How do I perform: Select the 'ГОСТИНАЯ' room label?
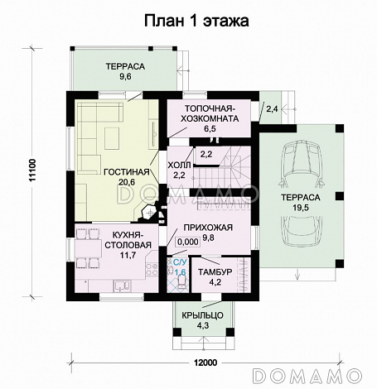pyautogui.click(x=127, y=172)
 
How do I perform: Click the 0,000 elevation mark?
pyautogui.click(x=187, y=243)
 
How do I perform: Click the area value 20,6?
pyautogui.click(x=127, y=183)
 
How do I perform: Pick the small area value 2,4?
pyautogui.click(x=272, y=108)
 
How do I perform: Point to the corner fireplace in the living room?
pyautogui.click(x=150, y=214)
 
